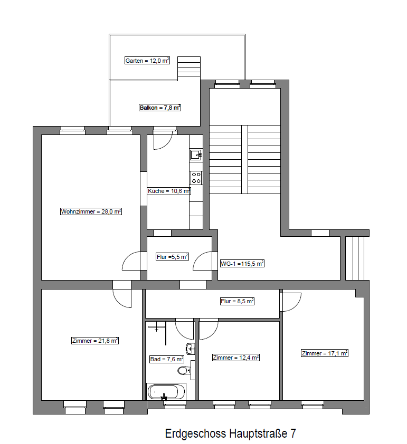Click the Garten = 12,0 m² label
click(147, 61)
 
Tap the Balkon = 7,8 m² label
click(160, 108)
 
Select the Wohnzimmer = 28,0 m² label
click(91, 211)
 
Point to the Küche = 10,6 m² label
click(169, 191)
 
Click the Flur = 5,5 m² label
click(172, 257)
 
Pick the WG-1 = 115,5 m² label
click(242, 264)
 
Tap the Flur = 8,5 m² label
click(237, 301)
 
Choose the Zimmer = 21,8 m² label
click(95, 341)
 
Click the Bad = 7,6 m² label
click(167, 359)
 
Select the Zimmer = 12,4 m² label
click(236, 358)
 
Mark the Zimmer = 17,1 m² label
click(325, 353)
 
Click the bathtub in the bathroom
click(166, 392)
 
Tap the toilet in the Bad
click(185, 370)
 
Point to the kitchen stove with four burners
click(196, 178)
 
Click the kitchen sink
click(196, 155)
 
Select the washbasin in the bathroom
click(191, 348)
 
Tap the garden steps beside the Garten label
click(189, 66)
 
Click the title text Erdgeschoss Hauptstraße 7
click(231, 433)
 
